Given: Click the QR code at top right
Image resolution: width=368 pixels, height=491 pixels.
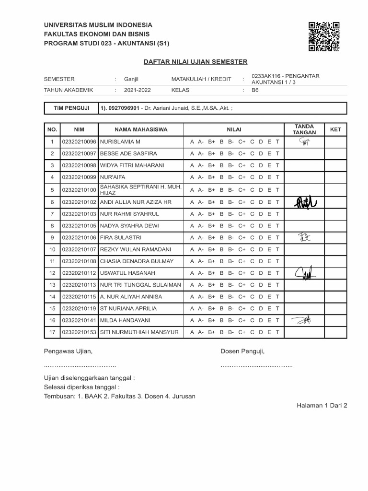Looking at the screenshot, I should point(324,36).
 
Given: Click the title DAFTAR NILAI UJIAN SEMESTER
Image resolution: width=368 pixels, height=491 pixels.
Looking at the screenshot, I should point(195,62).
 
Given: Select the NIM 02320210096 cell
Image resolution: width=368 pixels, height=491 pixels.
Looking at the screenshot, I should point(79,142).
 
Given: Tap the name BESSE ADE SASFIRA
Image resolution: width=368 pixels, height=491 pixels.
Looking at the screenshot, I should point(128,153).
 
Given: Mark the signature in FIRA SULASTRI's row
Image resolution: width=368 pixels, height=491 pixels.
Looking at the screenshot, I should point(304,237).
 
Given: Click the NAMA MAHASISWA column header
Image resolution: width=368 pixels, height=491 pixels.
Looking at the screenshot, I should point(141,129).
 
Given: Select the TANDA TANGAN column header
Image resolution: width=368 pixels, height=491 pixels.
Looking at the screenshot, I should point(304,129).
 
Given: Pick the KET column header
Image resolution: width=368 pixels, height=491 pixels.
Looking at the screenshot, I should point(335,129).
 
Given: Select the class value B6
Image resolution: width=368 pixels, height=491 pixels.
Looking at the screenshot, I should point(255,90).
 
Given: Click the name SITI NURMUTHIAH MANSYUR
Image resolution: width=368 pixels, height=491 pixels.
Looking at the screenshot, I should point(139,332).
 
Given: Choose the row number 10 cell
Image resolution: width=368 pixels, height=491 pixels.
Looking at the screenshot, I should point(52,249).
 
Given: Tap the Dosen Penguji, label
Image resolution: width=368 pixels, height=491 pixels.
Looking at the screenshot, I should point(242,351).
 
